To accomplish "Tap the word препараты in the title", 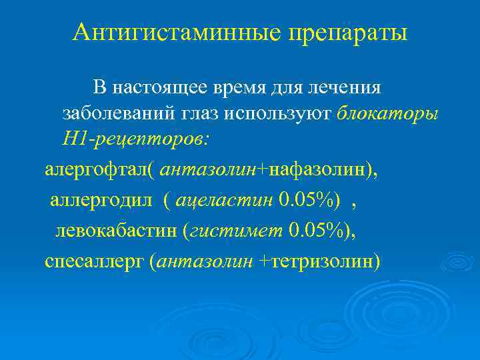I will (x=346, y=32).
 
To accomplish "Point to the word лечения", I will (x=345, y=87).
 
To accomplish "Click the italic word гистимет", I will (x=237, y=231).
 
